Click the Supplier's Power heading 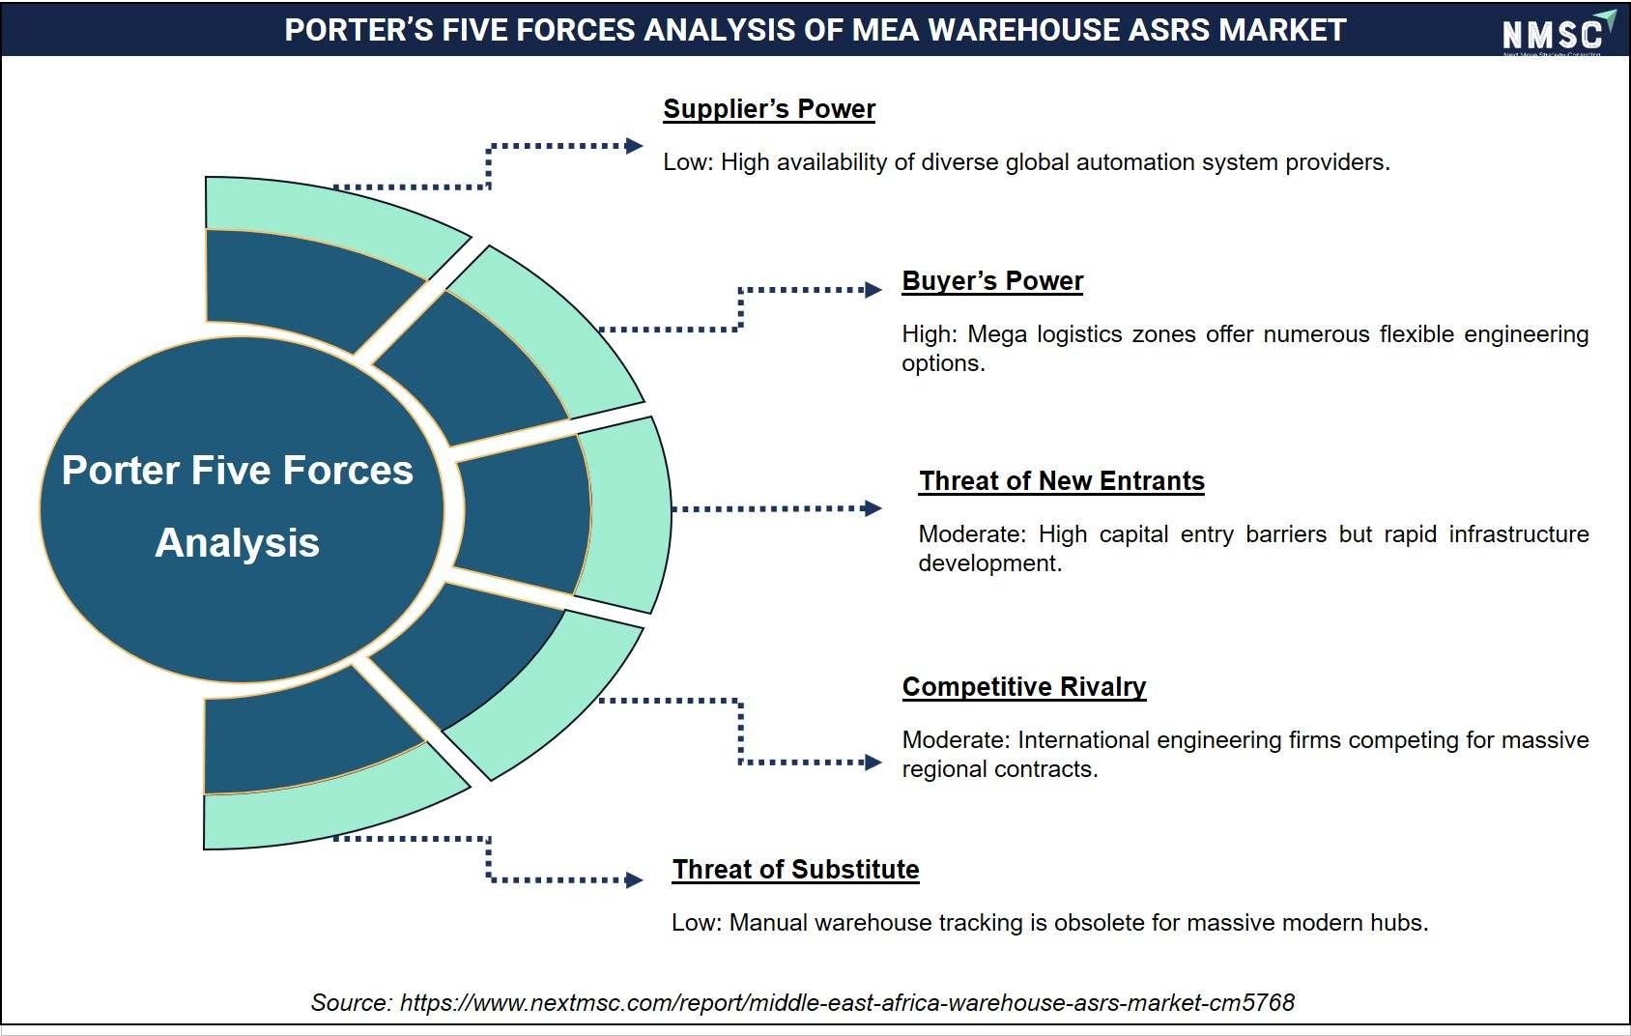point(769,109)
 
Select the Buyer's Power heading point(992,281)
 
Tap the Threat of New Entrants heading point(1062,481)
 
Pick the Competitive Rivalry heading point(1024,686)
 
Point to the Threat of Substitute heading point(795,869)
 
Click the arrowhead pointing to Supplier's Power point(634,146)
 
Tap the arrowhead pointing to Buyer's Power point(873,290)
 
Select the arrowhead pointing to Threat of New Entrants point(873,508)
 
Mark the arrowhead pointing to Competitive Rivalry point(873,763)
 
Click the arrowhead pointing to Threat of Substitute point(634,879)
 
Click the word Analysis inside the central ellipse point(238,544)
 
